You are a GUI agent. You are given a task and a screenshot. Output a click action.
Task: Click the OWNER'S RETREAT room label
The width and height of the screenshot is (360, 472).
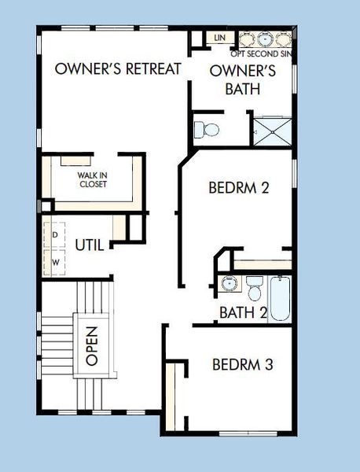(118, 68)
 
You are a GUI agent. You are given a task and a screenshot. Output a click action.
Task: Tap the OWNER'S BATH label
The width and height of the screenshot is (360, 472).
(241, 79)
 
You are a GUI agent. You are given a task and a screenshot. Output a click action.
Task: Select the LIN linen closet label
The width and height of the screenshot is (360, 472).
(219, 37)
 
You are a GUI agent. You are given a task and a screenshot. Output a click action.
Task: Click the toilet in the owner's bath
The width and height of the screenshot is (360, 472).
(207, 127)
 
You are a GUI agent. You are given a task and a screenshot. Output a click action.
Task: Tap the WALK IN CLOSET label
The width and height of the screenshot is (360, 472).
(92, 180)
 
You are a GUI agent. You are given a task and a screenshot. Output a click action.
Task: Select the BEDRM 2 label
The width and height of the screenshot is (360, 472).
(239, 188)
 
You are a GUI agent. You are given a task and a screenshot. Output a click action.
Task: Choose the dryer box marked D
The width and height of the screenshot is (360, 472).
(56, 234)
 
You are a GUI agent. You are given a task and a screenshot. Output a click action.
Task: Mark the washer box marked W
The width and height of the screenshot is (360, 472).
(56, 260)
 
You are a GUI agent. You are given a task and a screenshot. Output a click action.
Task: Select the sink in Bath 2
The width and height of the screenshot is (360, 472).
(227, 283)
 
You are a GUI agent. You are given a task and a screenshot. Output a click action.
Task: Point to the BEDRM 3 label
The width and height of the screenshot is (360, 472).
(243, 365)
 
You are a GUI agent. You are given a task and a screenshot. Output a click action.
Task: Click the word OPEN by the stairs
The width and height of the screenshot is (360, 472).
(91, 346)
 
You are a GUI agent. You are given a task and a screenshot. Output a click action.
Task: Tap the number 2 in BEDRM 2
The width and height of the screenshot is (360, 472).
(266, 188)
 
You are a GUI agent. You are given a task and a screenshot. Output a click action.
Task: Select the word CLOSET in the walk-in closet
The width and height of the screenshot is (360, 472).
(93, 185)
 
